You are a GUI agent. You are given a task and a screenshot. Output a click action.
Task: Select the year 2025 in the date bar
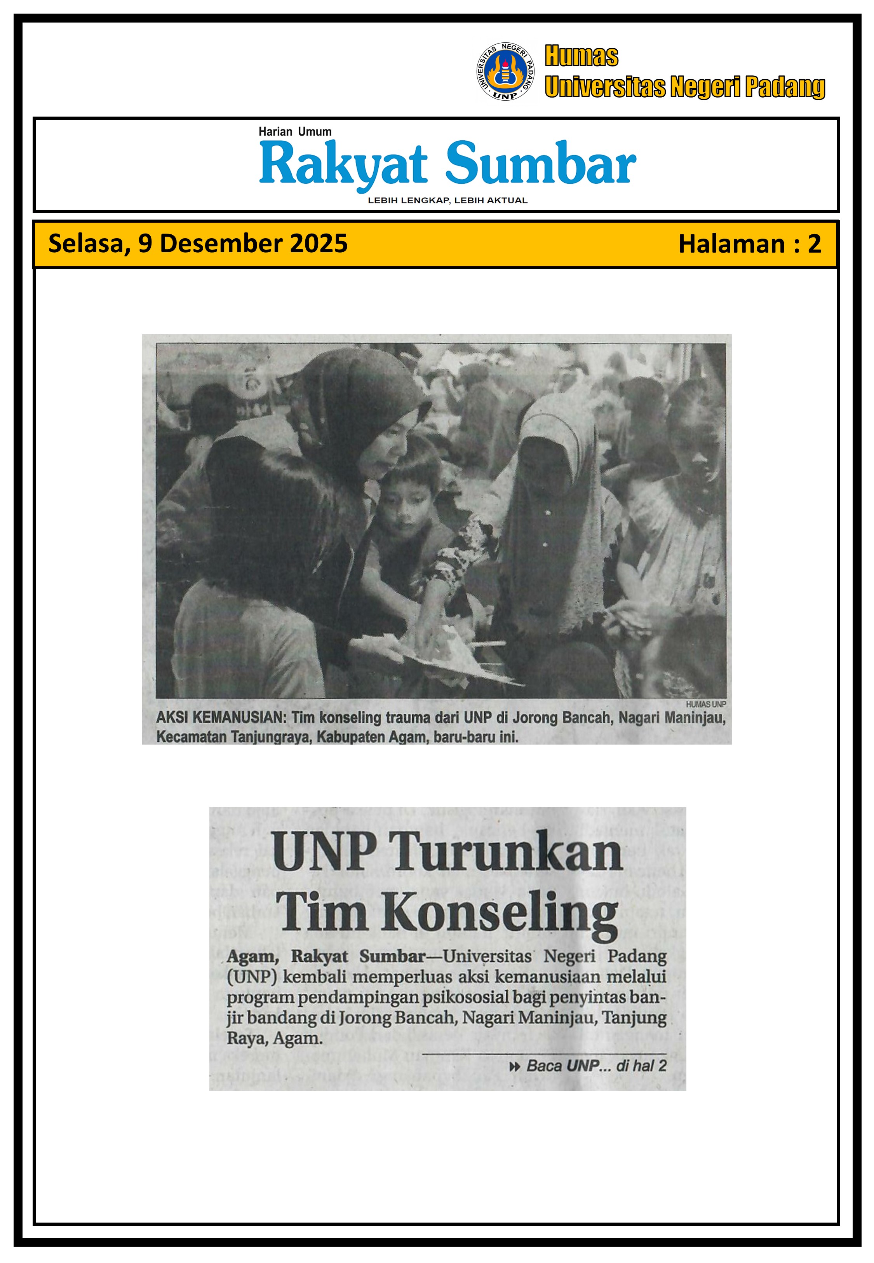point(318,243)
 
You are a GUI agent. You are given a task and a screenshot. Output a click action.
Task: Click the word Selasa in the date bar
point(87,244)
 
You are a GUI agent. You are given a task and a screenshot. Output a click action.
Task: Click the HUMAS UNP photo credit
point(705,704)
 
